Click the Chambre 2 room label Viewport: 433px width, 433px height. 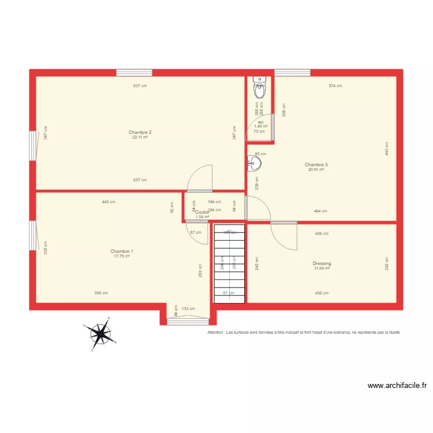coord(140,133)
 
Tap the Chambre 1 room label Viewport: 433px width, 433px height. coord(122,251)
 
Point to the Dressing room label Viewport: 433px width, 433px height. coord(322,263)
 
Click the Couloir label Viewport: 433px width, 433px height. coord(202,212)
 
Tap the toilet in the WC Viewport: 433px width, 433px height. coord(260,89)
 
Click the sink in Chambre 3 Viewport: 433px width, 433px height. coord(254,164)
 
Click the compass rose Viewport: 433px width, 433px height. coord(102,333)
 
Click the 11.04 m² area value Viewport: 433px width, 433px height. coord(322,268)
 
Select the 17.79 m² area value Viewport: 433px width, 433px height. coord(122,256)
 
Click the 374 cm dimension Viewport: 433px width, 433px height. coord(335,86)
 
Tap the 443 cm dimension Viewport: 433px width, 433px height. coord(387,148)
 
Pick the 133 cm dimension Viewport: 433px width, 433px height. coord(188,309)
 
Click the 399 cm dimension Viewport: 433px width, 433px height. coord(101,293)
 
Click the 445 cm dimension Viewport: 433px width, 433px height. coord(109,202)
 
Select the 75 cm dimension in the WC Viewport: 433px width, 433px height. coord(259,131)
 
